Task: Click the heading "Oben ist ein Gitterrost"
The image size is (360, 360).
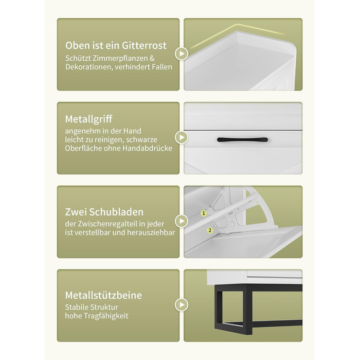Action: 116,45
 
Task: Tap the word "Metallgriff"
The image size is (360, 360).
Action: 88,119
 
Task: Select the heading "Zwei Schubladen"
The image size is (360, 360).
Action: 104,212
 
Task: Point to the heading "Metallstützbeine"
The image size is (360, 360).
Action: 103,295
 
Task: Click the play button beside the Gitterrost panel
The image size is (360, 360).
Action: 182,53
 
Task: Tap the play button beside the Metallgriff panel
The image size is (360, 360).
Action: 182,137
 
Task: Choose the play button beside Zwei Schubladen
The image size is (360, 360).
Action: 182,221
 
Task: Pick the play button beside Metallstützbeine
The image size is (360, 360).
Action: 182,304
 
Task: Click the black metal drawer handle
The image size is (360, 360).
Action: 242,139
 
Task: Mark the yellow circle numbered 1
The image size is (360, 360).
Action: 204,213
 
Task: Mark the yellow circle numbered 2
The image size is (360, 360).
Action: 210,230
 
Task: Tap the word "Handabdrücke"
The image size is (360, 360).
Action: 147,148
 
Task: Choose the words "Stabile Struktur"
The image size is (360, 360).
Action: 92,307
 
